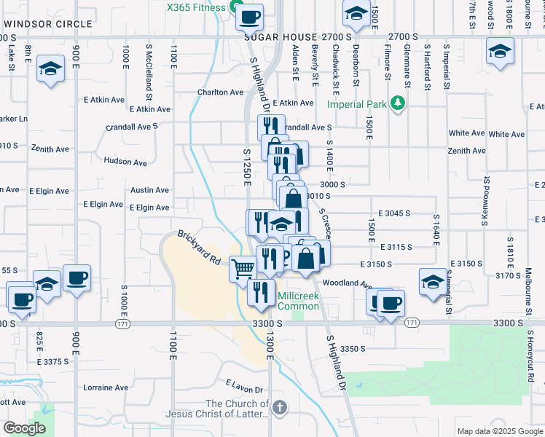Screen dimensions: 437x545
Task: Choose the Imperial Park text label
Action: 356,104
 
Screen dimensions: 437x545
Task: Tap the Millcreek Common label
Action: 298,301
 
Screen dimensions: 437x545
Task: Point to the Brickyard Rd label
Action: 199,248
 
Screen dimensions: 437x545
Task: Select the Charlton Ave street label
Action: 219,92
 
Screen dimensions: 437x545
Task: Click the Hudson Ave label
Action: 125,161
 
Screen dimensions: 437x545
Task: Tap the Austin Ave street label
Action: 149,190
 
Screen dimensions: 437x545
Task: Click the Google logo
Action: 25,428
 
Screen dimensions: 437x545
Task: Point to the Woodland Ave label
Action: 348,283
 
